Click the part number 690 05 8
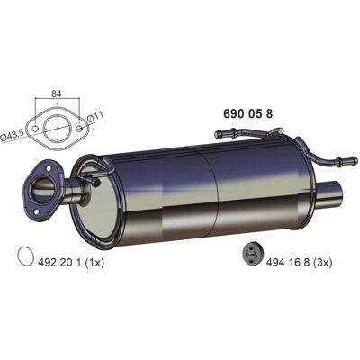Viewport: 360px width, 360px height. pyautogui.click(x=248, y=114)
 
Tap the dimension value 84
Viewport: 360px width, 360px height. pyautogui.click(x=56, y=94)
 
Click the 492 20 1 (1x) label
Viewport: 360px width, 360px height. pyautogui.click(x=71, y=263)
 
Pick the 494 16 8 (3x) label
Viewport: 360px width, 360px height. pyautogui.click(x=299, y=263)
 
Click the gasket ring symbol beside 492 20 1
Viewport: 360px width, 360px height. pyautogui.click(x=25, y=256)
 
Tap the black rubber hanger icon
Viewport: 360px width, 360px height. pyautogui.click(x=252, y=255)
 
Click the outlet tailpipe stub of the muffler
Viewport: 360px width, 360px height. pyautogui.click(x=330, y=193)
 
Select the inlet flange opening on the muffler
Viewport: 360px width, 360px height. pyautogui.click(x=44, y=190)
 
